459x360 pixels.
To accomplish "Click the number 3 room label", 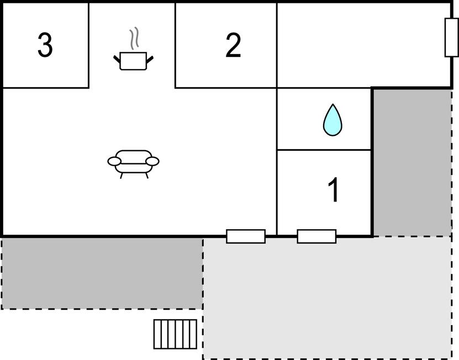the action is [45, 45].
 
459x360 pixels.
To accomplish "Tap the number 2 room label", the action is [233, 45].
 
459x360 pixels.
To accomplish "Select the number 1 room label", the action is [334, 189].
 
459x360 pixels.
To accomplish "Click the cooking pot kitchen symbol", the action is [134, 61].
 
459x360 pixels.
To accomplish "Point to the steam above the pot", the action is [134, 38].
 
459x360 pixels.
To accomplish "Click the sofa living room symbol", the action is [134, 164].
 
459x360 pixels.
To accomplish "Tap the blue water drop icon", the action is [333, 120].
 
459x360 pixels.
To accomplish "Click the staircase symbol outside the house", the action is [175, 334].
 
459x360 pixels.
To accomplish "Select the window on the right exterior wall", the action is [452, 37].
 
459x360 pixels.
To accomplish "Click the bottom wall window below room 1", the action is [316, 236].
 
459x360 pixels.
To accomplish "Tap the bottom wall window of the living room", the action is [246, 236].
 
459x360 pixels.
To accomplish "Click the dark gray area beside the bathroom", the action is [412, 162].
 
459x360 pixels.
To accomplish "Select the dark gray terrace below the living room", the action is [102, 273].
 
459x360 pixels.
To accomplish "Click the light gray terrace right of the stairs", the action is [328, 297].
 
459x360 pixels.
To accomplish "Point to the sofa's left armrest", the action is [114, 161].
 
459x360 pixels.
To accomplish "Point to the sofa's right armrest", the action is [152, 161].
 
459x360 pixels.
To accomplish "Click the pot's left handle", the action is [117, 59].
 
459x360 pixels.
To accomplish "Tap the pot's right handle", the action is [150, 59].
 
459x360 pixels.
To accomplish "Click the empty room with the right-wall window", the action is [364, 45].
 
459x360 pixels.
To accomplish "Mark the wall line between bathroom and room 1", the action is [324, 150].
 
